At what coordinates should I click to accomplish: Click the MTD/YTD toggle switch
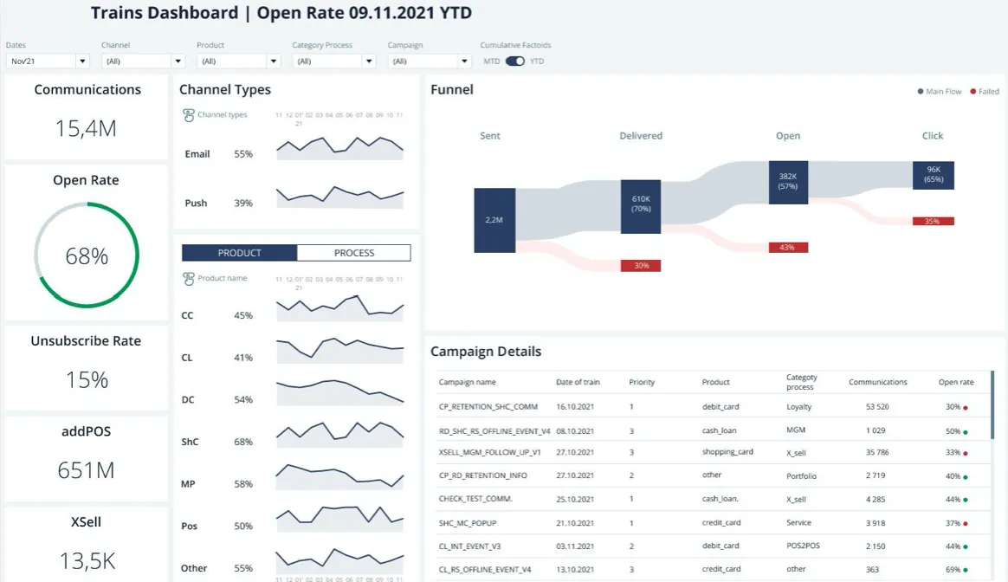[515, 61]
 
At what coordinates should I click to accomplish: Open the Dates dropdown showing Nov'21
[48, 61]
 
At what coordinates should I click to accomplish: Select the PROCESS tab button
[353, 253]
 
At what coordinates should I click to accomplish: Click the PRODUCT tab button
[239, 253]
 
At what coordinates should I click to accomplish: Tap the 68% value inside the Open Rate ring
[87, 256]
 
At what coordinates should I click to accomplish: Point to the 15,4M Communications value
[86, 129]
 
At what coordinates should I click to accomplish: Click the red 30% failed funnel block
[641, 266]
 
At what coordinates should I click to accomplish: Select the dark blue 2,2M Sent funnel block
[494, 220]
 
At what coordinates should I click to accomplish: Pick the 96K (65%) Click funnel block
[934, 175]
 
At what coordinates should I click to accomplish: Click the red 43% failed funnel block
[788, 248]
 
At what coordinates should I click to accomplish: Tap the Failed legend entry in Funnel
[985, 91]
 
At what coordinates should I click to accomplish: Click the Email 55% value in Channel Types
[243, 154]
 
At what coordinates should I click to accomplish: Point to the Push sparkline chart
[340, 196]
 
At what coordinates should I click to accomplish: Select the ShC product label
[190, 442]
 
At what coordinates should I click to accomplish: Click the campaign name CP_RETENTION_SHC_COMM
[488, 407]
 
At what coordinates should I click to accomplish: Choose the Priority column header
[642, 382]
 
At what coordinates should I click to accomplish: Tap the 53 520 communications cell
[877, 407]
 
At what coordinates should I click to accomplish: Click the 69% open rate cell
[953, 570]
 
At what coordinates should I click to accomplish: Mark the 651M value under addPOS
[86, 471]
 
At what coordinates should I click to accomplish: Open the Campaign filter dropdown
[430, 61]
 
